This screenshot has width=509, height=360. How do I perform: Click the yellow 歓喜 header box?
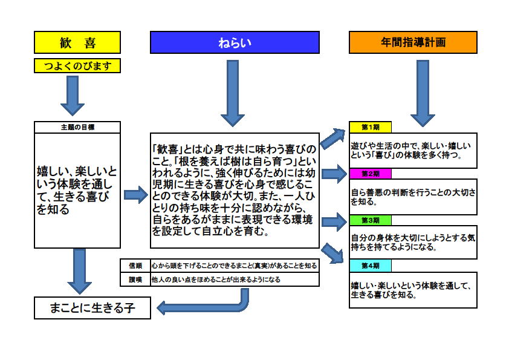[x=77, y=42]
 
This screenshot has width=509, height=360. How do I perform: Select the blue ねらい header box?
[x=235, y=42]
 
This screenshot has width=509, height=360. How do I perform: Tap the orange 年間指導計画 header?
[x=413, y=42]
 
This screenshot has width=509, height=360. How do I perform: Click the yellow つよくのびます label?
[x=77, y=65]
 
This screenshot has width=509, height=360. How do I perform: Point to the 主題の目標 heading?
[x=77, y=127]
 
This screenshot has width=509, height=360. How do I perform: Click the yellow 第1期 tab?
[x=371, y=127]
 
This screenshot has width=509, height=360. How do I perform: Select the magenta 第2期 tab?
[x=371, y=174]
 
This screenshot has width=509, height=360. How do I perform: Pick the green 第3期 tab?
[x=371, y=220]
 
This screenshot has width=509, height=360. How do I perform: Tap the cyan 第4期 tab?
[x=371, y=266]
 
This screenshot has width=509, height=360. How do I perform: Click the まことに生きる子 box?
[x=92, y=308]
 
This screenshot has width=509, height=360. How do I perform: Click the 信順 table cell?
[x=135, y=266]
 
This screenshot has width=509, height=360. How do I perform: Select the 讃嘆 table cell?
[x=135, y=280]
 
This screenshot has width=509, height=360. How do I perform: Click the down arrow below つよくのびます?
[x=73, y=96]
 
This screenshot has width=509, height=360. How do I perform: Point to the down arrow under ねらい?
[x=233, y=93]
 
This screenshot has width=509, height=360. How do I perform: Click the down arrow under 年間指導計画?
[x=423, y=93]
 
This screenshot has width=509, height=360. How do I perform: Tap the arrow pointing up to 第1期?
[x=332, y=138]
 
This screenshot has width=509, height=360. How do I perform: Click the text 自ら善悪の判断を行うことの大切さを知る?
[x=413, y=197]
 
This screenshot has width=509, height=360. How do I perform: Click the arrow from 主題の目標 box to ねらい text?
[x=136, y=195]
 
